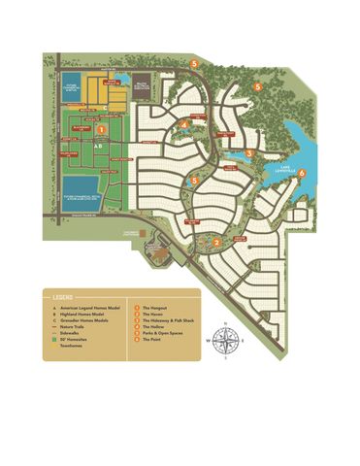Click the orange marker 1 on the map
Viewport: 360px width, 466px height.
click(x=102, y=128)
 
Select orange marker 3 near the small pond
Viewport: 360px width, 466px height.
click(x=249, y=152)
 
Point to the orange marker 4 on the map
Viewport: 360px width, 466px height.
click(x=184, y=124)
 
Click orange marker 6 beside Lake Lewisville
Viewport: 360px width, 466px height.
click(x=302, y=173)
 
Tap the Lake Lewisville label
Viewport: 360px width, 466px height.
click(x=284, y=168)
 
